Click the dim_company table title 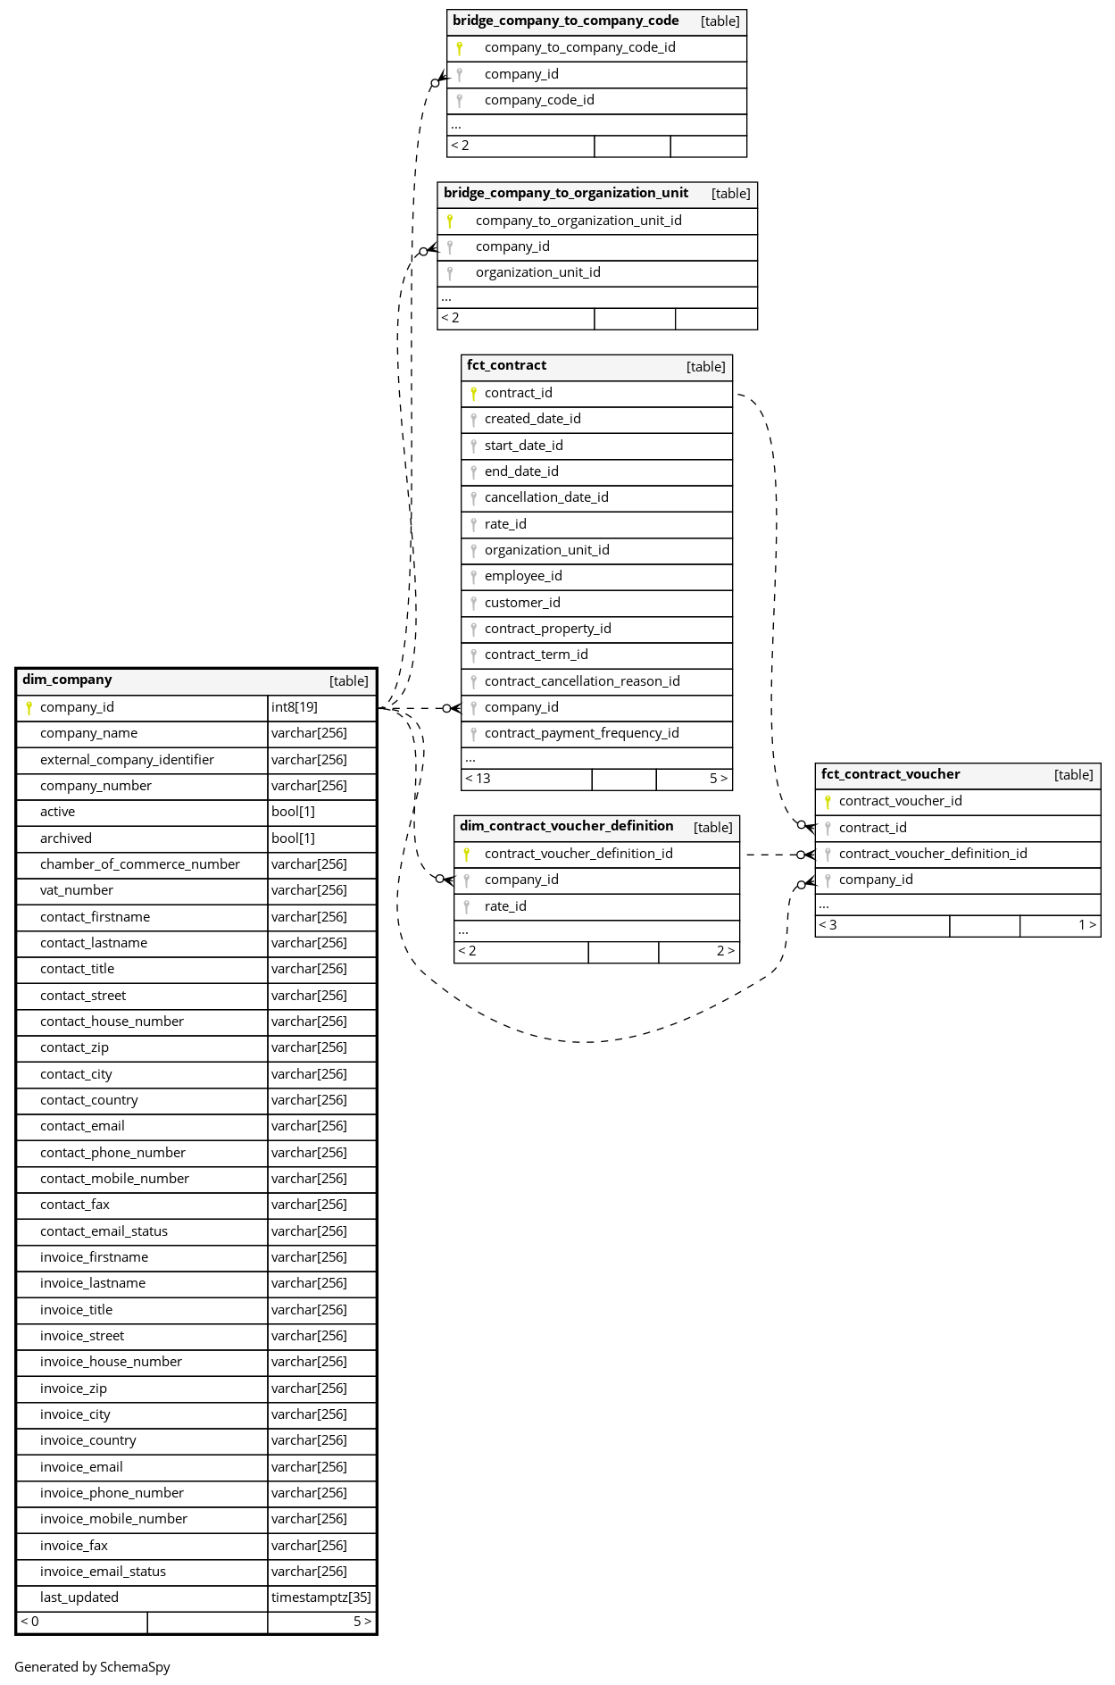pos(67,680)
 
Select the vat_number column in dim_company pos(77,890)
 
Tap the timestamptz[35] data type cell pos(321,1597)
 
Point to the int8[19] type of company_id pos(295,707)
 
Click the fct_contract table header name pos(506,365)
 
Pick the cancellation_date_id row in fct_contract pos(546,497)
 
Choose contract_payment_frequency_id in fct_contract pos(581,733)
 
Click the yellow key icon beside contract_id pos(473,393)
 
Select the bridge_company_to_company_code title pos(565,21)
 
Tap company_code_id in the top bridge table pos(539,100)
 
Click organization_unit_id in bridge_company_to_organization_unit pos(537,272)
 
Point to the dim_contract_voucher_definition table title pos(566,826)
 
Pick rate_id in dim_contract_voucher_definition pos(505,906)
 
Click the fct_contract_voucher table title pos(890,774)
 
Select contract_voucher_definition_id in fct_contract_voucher pos(933,854)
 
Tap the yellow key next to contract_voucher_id pos(828,802)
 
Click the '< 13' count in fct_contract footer pos(478,779)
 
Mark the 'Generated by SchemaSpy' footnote pos(92,1666)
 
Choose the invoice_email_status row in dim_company pos(103,1572)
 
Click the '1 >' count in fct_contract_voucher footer pos(1086,925)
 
